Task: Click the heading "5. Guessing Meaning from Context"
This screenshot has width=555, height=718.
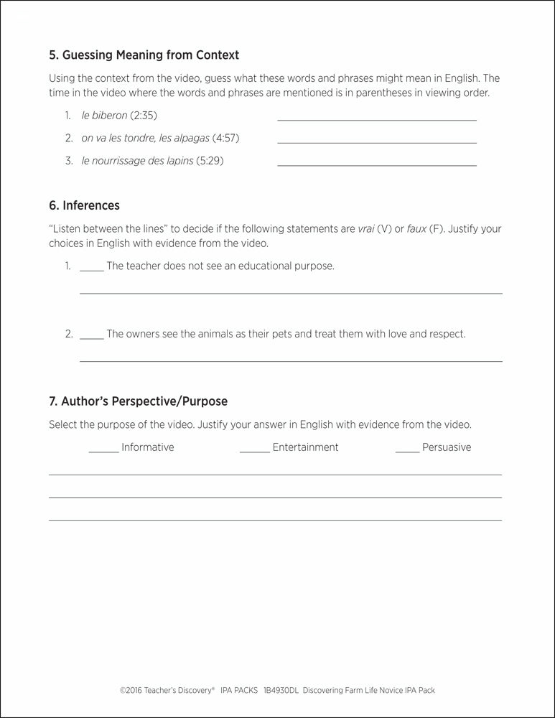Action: [144, 55]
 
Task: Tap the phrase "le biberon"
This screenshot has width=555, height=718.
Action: [104, 115]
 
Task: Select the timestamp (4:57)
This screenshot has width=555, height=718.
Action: [225, 138]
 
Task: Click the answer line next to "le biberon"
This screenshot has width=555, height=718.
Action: [376, 119]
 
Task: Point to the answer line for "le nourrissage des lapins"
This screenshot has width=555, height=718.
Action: [376, 165]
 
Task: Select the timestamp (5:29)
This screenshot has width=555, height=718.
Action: [210, 161]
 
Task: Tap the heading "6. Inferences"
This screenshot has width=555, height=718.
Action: [84, 205]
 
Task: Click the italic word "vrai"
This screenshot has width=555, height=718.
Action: [369, 229]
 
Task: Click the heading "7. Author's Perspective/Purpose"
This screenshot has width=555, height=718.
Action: [138, 401]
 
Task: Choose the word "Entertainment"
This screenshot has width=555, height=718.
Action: [305, 447]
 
